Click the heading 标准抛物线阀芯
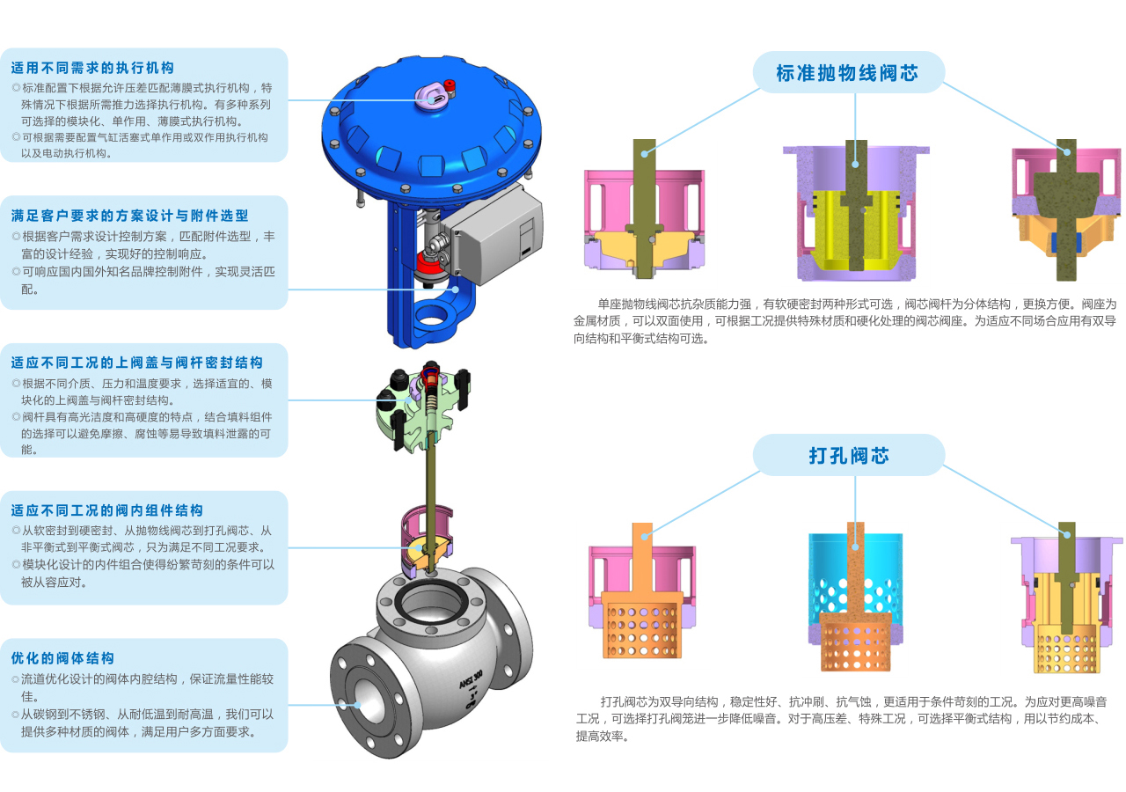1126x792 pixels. [847, 73]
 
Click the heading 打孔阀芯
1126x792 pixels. [849, 456]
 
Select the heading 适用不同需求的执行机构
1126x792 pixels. [93, 68]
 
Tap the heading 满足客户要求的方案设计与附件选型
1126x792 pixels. [129, 216]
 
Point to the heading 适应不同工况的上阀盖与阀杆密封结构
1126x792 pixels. [137, 363]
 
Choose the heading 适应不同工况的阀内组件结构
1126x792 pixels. [107, 510]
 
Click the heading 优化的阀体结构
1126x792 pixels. [62, 657]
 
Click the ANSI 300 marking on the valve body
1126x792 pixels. [471, 678]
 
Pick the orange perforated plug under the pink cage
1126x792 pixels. [642, 625]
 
